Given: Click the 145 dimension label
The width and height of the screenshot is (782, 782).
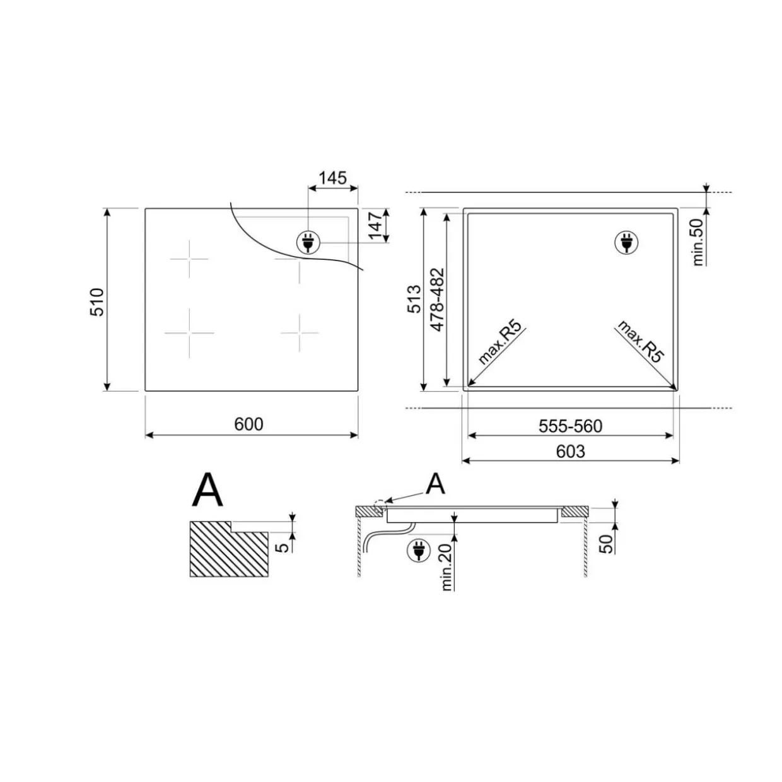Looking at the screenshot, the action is [332, 178].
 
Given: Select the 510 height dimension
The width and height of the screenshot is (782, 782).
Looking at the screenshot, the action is [97, 302].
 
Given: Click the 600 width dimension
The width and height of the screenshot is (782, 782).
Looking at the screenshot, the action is [248, 424].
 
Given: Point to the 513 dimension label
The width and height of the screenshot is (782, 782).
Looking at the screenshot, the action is [414, 299].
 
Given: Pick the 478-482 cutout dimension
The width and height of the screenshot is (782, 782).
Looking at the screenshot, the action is [438, 300].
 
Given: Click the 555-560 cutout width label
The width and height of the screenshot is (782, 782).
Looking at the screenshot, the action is [570, 426].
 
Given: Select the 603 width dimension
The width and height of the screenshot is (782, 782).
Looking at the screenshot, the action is [571, 452].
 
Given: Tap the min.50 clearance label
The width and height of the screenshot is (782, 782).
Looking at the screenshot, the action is [697, 242].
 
